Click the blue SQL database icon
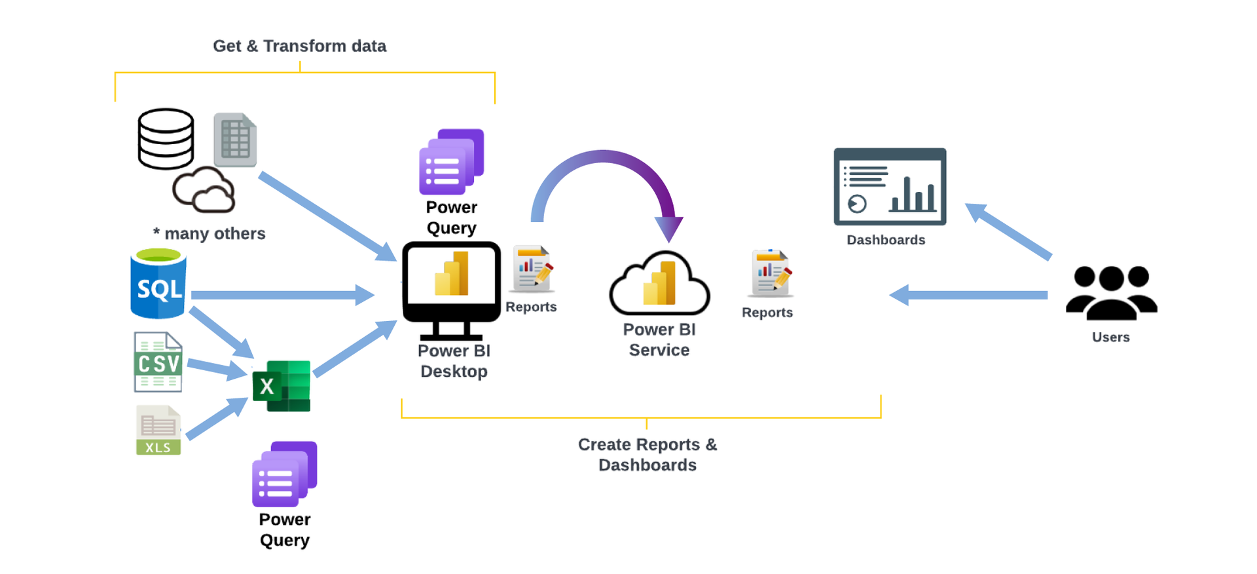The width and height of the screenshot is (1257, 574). [158, 284]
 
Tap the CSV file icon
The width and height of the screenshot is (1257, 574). [158, 362]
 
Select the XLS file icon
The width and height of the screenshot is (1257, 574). [158, 430]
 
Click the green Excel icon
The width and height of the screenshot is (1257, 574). [282, 386]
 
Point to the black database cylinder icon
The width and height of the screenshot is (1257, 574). [166, 139]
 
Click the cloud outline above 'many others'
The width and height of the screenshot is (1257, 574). [204, 190]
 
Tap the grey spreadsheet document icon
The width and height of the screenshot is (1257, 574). [235, 140]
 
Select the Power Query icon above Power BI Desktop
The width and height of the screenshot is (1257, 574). [451, 162]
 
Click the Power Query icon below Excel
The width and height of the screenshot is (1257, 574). [284, 474]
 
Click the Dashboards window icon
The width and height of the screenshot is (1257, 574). [890, 187]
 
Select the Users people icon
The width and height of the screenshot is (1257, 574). [1111, 293]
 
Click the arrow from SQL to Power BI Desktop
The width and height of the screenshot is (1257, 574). [282, 295]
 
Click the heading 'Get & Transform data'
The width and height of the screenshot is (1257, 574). [299, 46]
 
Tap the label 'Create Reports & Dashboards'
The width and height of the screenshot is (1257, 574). [647, 455]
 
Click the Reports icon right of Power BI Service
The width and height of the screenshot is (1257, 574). [771, 273]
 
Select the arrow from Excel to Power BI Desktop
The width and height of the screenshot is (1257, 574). [354, 349]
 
